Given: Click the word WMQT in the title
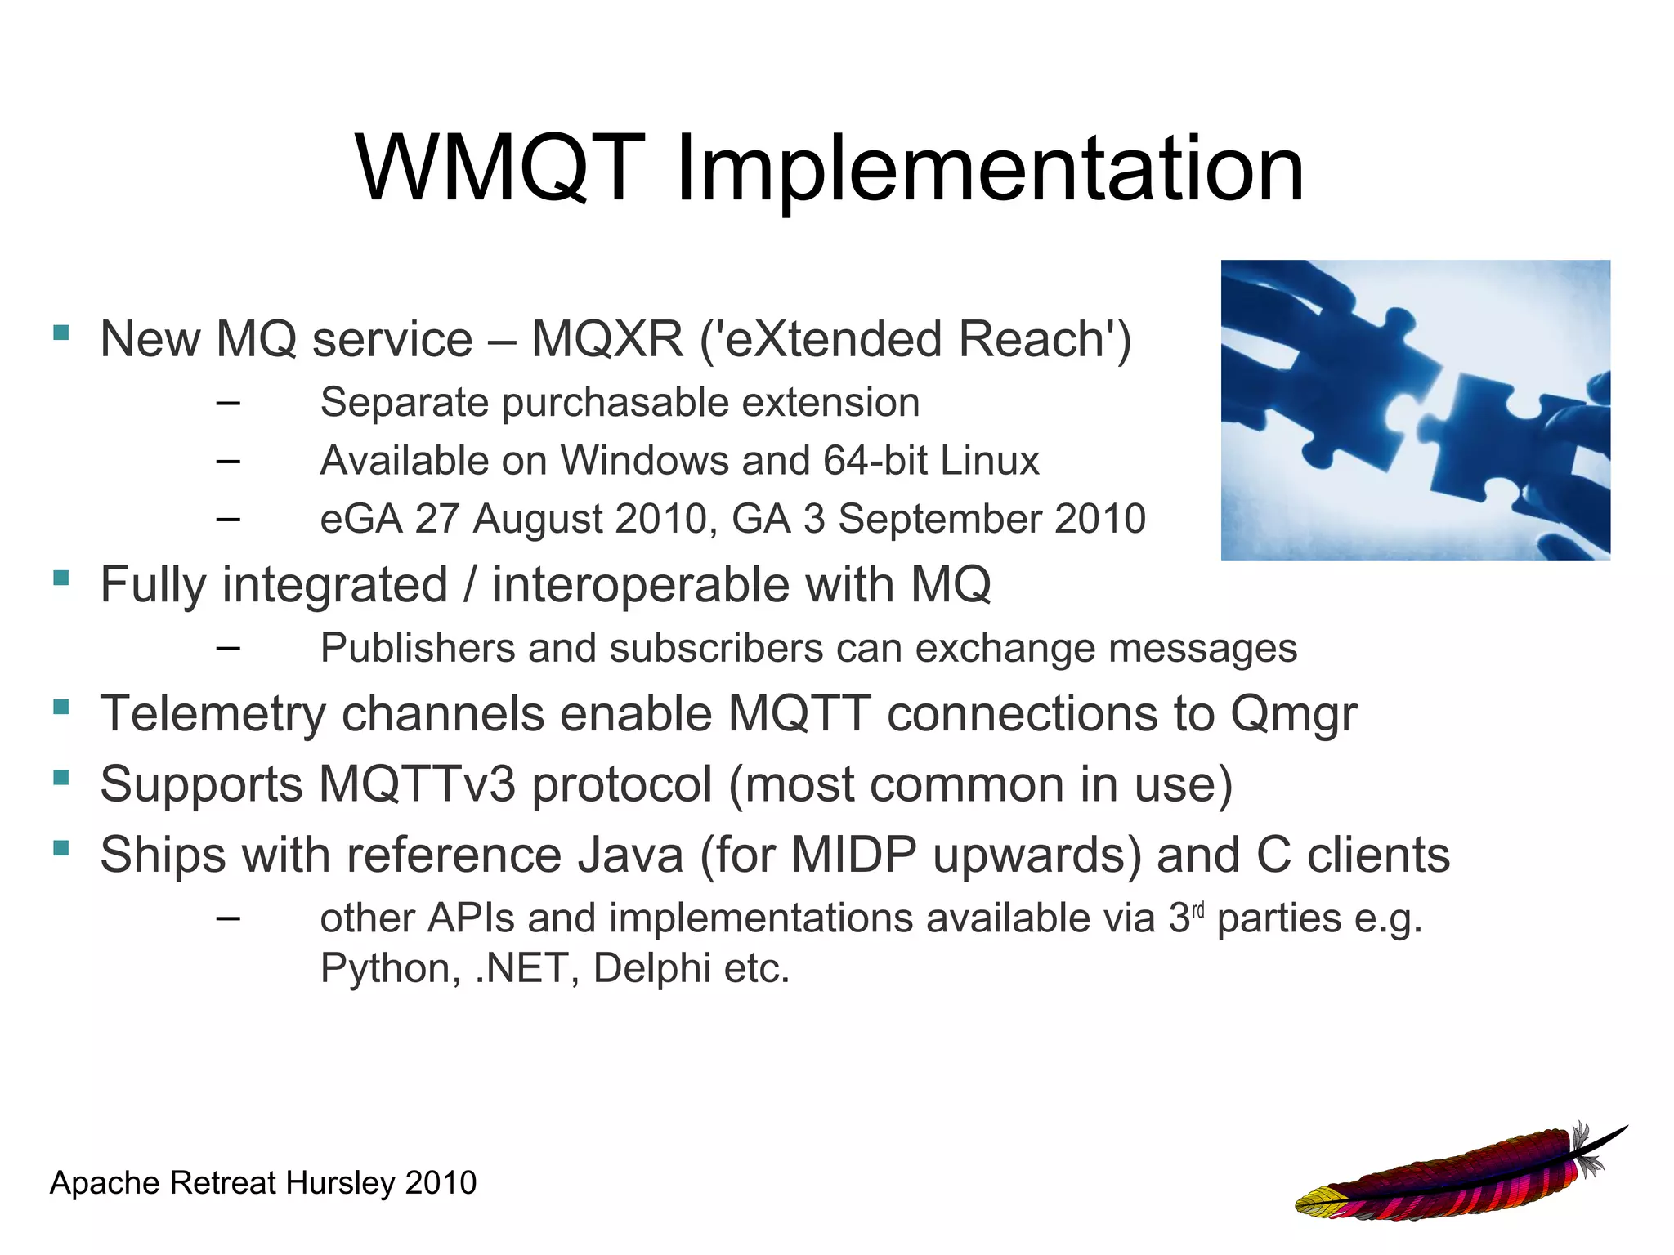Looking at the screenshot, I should pos(499,168).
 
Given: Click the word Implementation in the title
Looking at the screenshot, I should pos(990,172).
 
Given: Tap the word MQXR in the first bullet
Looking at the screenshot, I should pos(606,339).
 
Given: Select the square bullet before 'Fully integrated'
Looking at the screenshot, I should pos(60,578).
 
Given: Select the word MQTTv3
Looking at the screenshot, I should pos(417,784).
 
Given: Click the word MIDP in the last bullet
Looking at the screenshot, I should pos(853,855).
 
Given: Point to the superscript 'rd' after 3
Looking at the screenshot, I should pos(1198,910).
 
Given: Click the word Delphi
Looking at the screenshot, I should pos(651,969).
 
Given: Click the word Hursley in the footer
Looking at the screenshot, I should pos(340,1183).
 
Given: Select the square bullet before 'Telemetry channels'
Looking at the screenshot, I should pos(60,707).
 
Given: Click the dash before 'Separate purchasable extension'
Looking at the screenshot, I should pos(229,403).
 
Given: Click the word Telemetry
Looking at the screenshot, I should pos(213,714).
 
